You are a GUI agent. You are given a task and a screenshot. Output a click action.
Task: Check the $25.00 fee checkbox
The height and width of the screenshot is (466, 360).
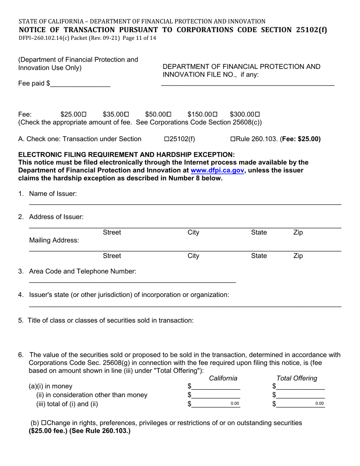[84, 114]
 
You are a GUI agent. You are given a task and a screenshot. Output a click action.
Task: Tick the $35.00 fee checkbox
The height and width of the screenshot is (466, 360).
[127, 114]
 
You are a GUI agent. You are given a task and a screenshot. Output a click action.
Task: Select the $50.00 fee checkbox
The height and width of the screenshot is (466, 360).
[169, 114]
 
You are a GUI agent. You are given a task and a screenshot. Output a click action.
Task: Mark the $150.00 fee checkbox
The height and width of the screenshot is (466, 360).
[215, 114]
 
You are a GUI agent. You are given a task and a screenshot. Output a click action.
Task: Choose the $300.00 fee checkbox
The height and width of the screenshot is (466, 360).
[258, 114]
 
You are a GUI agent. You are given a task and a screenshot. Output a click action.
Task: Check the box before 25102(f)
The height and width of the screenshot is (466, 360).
[166, 139]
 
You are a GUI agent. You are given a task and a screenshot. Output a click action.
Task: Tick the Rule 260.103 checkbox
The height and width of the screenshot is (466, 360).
[233, 139]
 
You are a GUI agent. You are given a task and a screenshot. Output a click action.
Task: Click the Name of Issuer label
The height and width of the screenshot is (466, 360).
[53, 194]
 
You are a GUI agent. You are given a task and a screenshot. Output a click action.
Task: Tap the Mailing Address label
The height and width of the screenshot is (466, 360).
[54, 241]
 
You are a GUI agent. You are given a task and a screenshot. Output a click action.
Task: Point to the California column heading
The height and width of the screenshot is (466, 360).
[223, 378]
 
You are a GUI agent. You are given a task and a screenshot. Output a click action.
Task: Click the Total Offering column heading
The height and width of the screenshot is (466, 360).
[297, 378]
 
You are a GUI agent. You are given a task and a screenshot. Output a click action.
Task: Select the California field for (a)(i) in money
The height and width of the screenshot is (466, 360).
[216, 386]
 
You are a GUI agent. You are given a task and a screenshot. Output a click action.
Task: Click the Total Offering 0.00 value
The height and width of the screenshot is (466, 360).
[319, 404]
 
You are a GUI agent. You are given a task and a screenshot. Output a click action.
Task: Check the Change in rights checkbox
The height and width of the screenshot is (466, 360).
[44, 423]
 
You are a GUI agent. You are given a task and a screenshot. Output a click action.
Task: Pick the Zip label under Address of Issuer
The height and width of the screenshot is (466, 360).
[298, 233]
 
